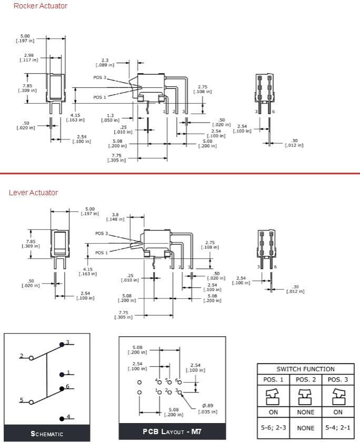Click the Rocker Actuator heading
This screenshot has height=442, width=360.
coord(41,6)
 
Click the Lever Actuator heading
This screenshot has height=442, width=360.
coord(33,193)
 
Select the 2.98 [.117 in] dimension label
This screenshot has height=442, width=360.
coord(29,57)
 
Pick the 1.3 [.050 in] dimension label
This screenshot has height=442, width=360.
coord(110,118)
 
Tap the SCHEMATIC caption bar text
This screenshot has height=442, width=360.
coord(47,434)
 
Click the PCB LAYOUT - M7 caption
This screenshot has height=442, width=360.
coord(172,431)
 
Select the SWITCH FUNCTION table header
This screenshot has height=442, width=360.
coord(305,369)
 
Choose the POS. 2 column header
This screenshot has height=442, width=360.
coord(305,380)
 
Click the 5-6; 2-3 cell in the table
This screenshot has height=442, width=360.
coord(273,427)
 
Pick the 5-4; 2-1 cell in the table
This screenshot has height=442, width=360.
coord(337,427)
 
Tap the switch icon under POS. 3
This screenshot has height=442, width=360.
coord(337,396)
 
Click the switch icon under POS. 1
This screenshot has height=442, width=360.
coord(273,396)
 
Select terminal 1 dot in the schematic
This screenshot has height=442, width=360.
coord(62,374)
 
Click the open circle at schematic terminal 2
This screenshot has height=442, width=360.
coord(31,358)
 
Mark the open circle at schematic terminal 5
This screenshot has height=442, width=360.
coord(31,402)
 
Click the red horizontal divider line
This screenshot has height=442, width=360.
coord(180,173)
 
